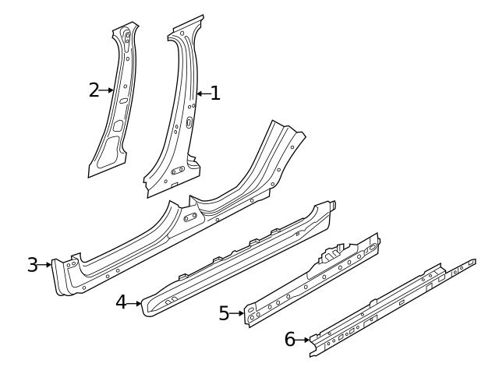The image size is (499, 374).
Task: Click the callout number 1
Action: click(x=215, y=94)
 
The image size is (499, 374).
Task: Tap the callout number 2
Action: click(x=94, y=90)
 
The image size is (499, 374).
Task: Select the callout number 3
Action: click(x=32, y=265)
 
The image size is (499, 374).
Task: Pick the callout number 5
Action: click(x=224, y=314)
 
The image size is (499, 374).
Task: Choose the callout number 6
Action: click(x=290, y=339)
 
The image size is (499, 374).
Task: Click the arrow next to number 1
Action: click(x=202, y=94)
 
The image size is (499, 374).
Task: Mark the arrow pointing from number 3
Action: click(x=45, y=265)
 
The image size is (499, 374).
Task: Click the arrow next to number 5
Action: click(x=237, y=314)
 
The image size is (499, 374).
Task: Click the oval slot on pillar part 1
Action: click(x=189, y=122)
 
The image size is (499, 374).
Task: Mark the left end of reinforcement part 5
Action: click(x=249, y=318)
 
